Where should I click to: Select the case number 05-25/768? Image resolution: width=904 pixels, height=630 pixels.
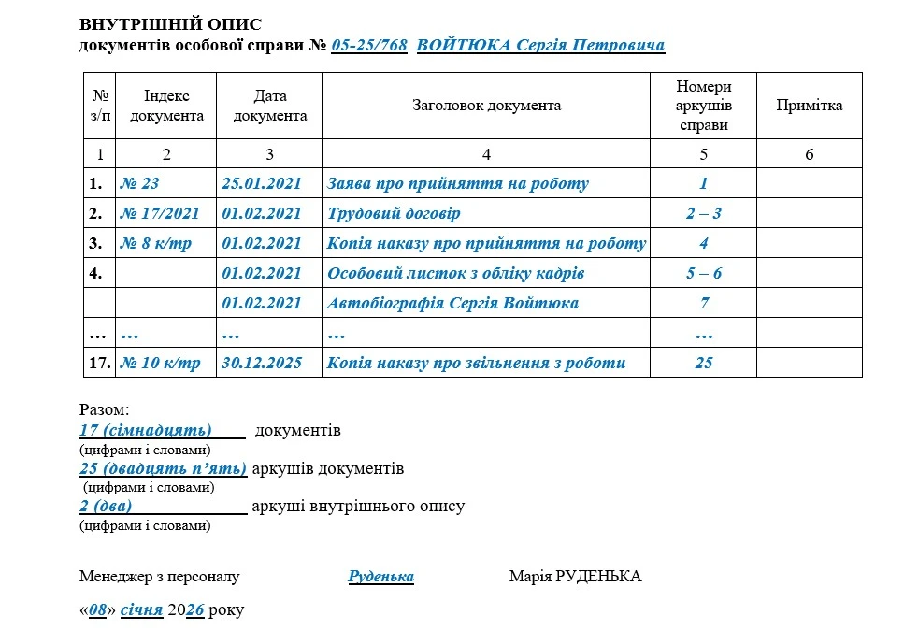pos(369,45)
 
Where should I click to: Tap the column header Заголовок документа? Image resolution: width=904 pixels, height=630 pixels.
pos(486,106)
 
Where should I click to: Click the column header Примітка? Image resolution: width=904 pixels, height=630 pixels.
pos(809,106)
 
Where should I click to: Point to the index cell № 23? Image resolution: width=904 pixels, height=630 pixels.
pos(139,184)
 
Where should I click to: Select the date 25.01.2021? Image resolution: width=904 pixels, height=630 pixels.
pos(262,184)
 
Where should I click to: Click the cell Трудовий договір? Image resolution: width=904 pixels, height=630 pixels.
pos(394,214)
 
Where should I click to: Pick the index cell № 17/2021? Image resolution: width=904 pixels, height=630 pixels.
pos(160,214)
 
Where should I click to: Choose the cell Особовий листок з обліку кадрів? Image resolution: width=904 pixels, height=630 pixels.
pos(455,274)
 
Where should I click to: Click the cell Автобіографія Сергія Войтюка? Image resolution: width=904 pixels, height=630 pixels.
pos(452,304)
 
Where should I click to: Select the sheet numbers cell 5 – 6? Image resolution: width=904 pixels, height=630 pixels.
pos(703,274)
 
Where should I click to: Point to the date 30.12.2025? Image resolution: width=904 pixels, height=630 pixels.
pos(262,364)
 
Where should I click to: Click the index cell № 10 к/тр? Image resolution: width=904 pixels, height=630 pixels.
pos(160,364)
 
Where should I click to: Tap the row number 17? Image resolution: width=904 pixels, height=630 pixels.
pos(99,364)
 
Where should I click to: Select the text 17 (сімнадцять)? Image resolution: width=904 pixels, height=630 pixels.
pos(147,431)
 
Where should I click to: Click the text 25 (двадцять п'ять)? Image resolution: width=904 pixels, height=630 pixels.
pos(163,468)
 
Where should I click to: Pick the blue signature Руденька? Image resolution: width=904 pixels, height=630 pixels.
pos(380,577)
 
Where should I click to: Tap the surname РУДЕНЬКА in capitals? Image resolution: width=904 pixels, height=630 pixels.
pos(597,577)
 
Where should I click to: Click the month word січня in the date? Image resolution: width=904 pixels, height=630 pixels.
pos(141,610)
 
